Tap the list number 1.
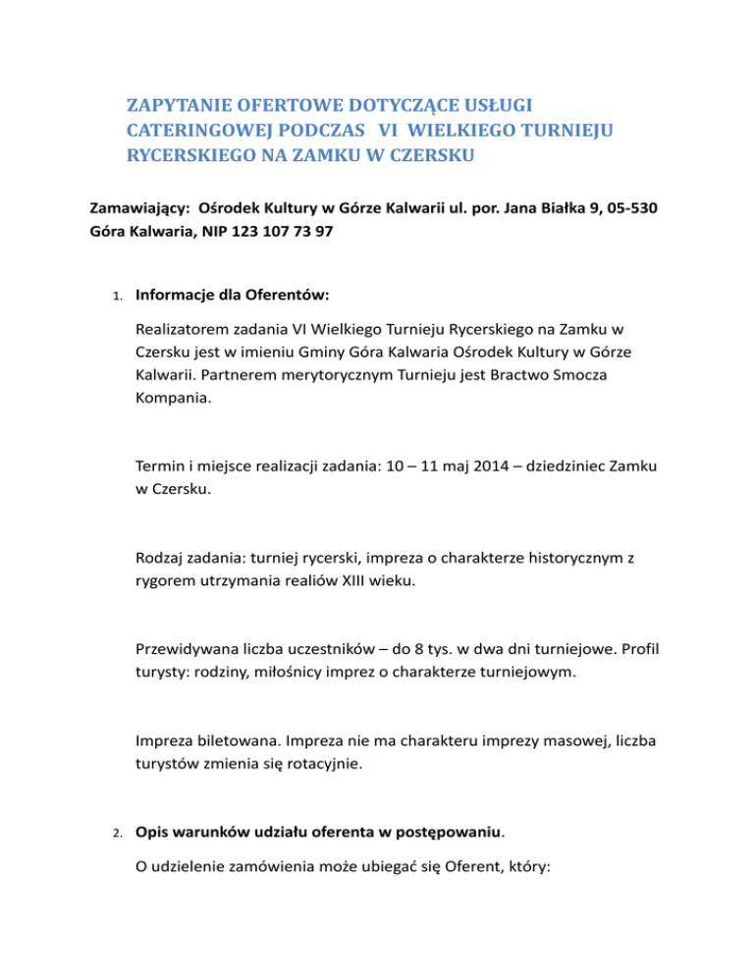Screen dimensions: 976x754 pyautogui.click(x=116, y=295)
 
